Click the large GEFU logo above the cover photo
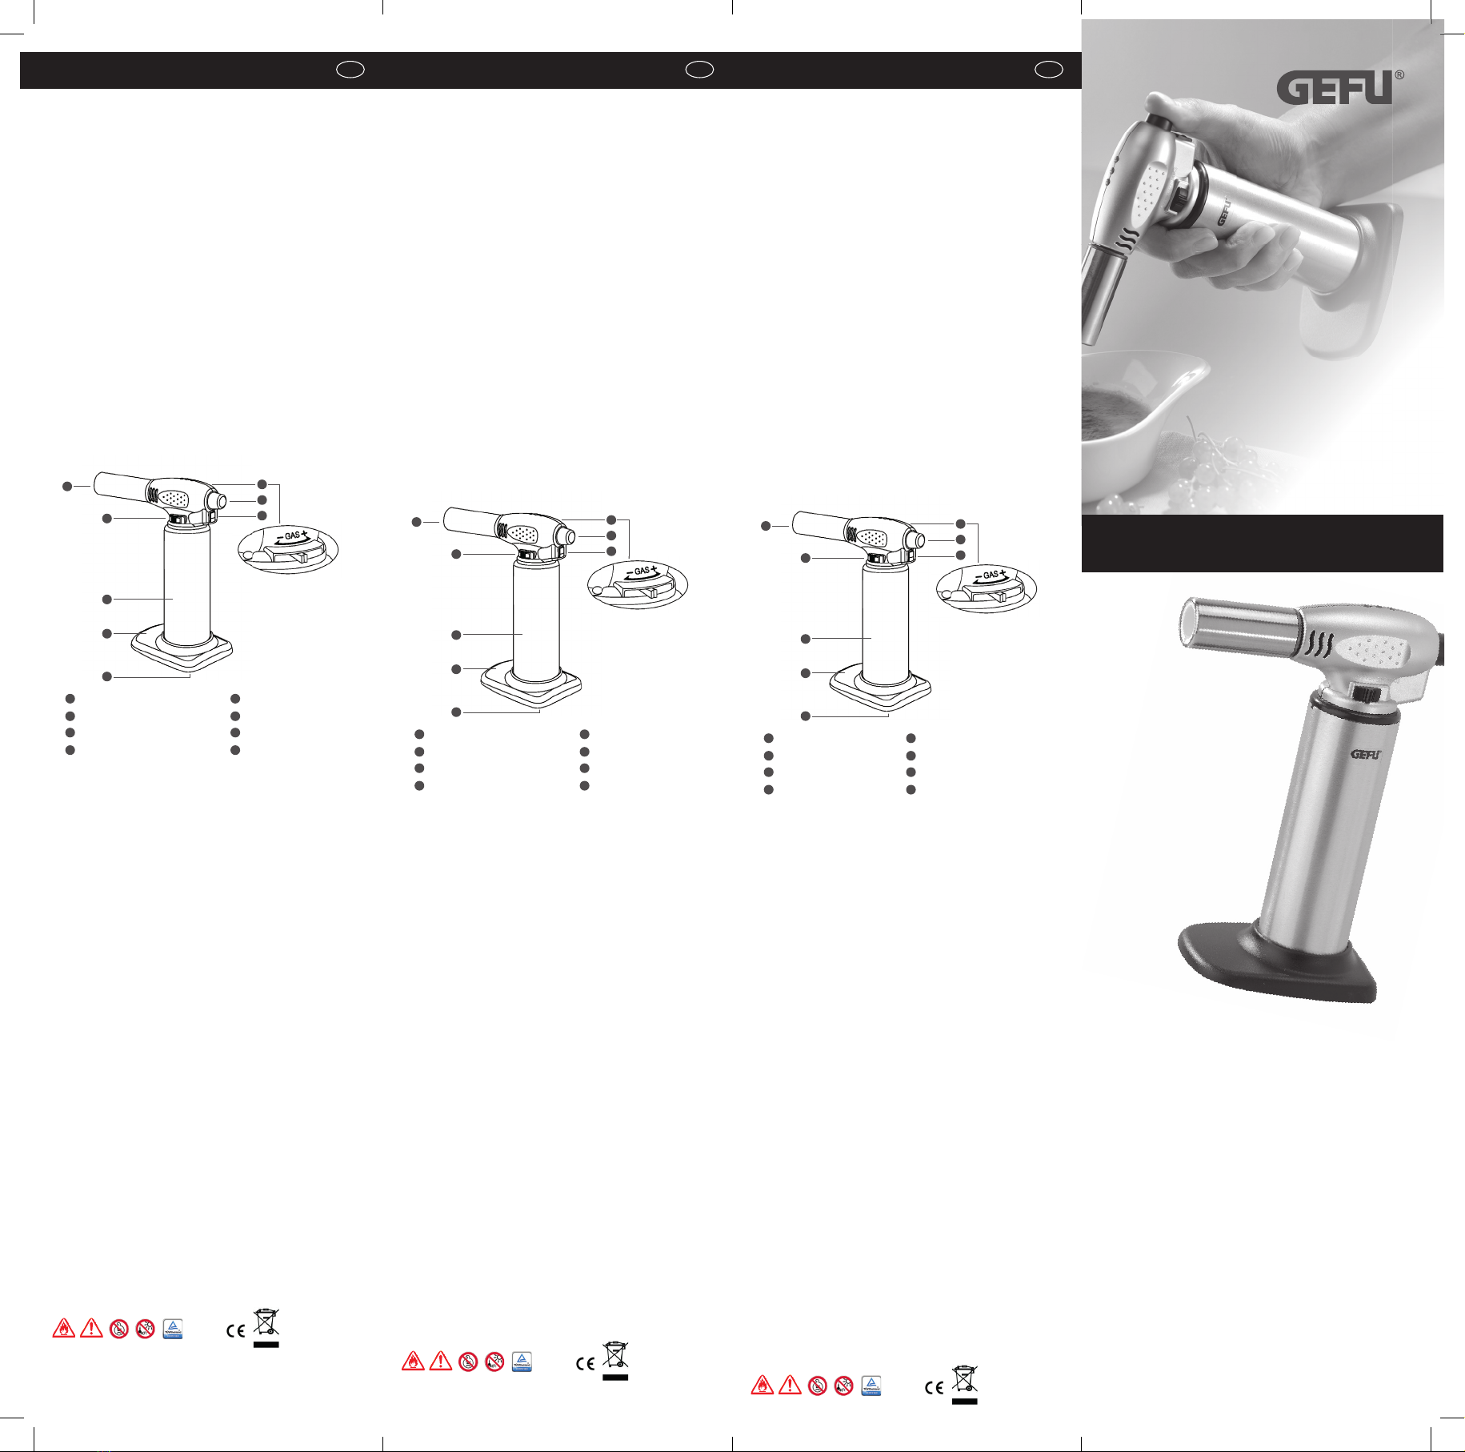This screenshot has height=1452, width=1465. (x=1335, y=88)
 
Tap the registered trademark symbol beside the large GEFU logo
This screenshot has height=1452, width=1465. (x=1399, y=74)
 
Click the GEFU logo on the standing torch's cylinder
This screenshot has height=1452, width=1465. (x=1366, y=754)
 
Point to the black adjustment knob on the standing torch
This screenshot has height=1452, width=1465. (x=1369, y=693)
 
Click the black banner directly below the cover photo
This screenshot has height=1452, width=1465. (x=1262, y=543)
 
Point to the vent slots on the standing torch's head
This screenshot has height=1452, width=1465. (x=1319, y=645)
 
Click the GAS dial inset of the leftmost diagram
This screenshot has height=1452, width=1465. (x=288, y=549)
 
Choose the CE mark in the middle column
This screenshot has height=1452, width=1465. (x=585, y=1364)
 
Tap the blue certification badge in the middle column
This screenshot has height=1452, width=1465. (x=522, y=1362)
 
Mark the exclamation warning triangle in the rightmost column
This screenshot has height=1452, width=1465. (x=790, y=1384)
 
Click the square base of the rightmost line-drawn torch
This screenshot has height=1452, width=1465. (x=880, y=688)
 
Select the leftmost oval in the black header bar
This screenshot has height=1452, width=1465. (x=350, y=70)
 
